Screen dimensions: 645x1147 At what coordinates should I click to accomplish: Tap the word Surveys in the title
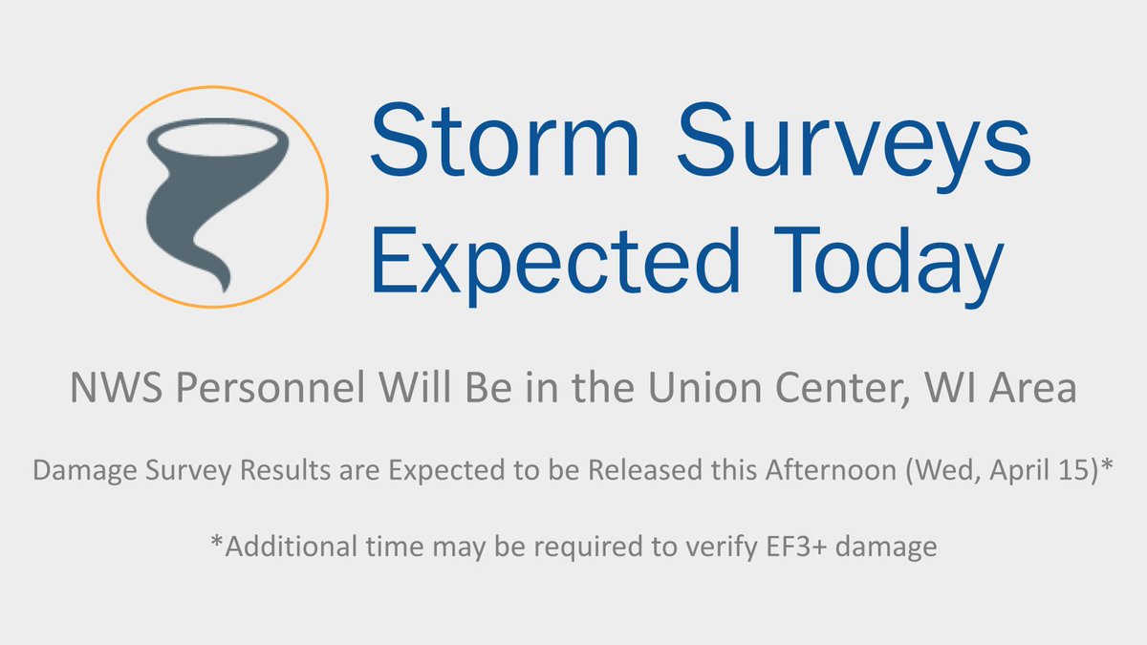838,139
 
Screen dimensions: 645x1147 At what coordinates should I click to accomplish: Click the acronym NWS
106,390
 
